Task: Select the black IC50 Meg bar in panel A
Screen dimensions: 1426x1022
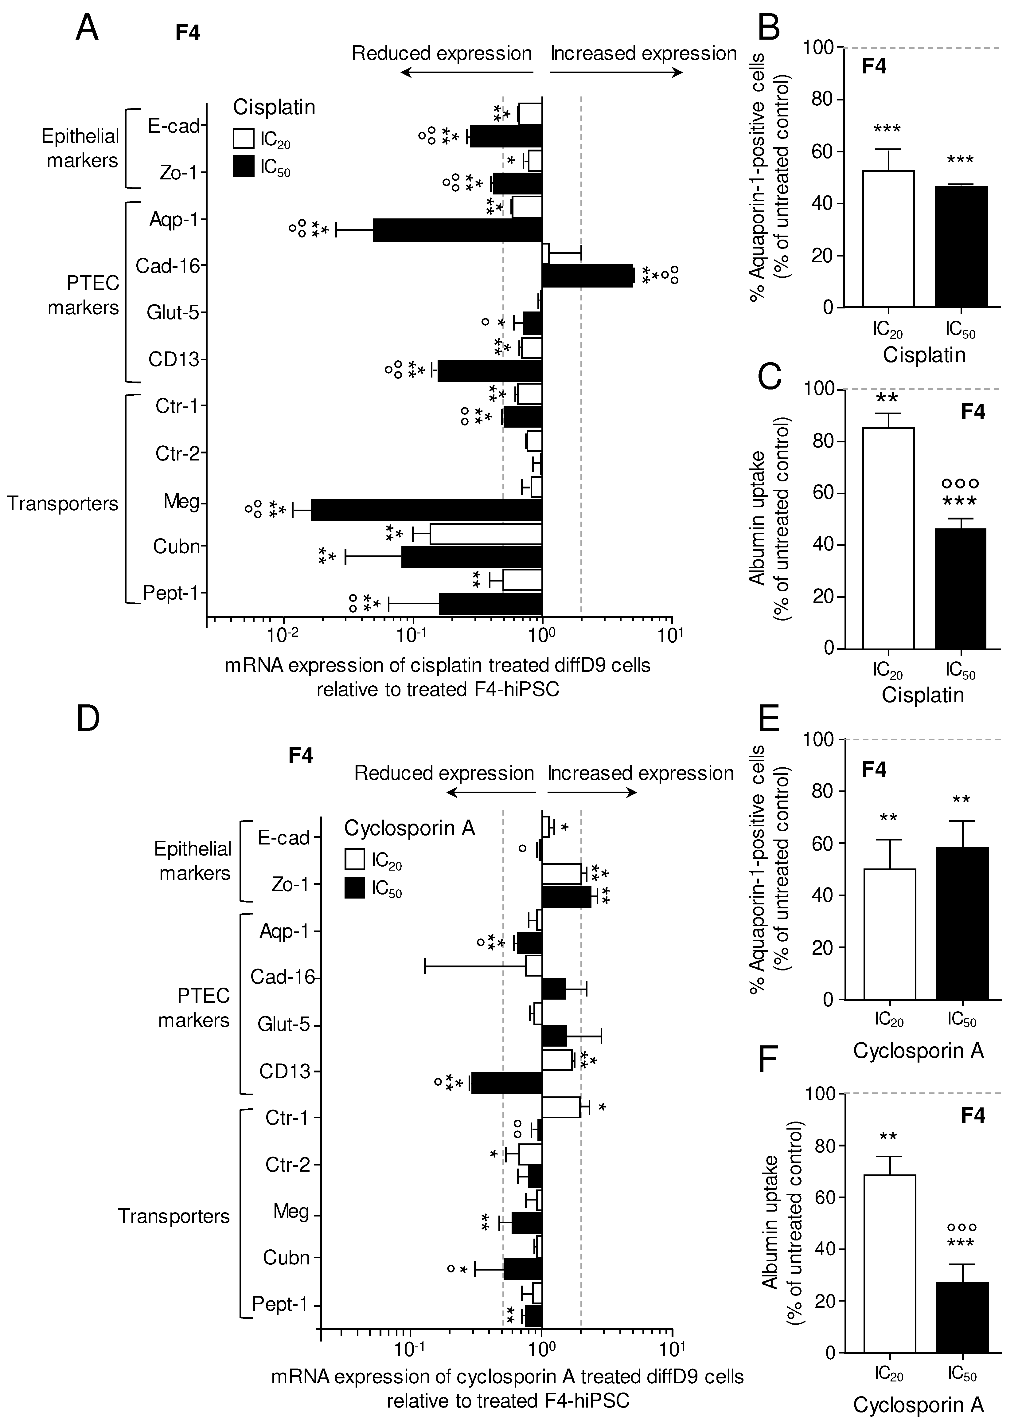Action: (x=426, y=509)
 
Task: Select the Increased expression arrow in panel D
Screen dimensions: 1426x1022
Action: (x=591, y=792)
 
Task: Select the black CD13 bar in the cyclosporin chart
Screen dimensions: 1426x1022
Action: (x=507, y=1083)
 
